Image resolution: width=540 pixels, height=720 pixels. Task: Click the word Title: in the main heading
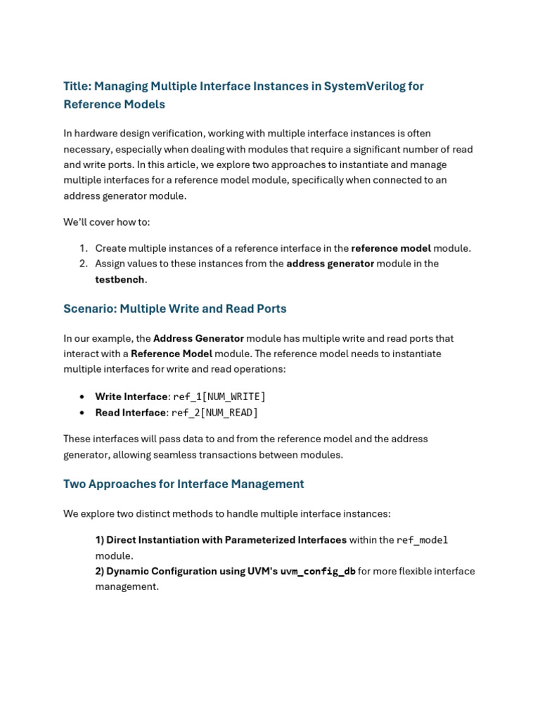77,86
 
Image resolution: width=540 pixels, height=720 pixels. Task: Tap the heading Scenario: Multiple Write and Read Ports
174,309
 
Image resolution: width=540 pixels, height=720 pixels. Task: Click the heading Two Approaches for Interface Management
184,484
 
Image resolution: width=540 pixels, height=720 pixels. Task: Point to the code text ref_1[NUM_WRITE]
219,397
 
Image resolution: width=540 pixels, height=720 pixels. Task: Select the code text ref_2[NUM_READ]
214,413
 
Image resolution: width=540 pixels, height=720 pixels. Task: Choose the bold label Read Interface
130,413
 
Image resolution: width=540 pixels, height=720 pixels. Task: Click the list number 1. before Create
83,248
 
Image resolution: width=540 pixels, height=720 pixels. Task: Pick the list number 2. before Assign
83,264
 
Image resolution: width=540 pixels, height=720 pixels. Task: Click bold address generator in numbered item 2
330,264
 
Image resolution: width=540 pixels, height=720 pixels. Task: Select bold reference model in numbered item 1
391,248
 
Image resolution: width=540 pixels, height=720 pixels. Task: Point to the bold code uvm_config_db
318,572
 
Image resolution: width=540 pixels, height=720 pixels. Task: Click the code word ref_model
422,540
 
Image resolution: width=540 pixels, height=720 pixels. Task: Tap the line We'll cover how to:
107,222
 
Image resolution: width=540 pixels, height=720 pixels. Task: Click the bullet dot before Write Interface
82,397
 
